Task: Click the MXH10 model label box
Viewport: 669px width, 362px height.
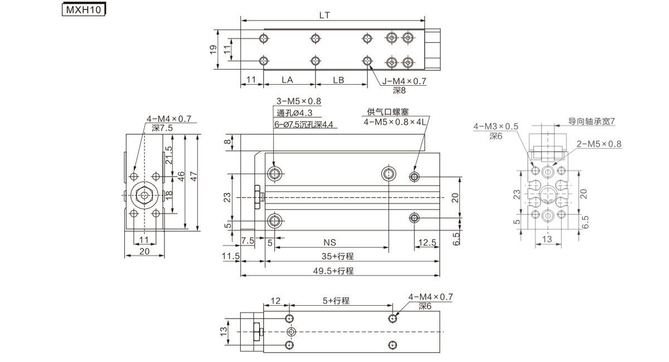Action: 82,9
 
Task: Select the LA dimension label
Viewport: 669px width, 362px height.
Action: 287,80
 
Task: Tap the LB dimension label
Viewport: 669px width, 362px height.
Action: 338,80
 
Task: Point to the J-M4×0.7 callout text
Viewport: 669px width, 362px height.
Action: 404,81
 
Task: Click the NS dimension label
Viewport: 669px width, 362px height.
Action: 330,242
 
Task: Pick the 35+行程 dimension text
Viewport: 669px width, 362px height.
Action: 337,257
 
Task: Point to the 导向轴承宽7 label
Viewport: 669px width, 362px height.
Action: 592,120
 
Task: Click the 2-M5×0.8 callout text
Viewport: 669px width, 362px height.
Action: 599,144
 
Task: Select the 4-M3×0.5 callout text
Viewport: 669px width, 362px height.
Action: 496,126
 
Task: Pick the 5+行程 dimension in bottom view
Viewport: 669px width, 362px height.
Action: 336,301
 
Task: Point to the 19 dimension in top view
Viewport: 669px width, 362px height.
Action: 213,50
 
